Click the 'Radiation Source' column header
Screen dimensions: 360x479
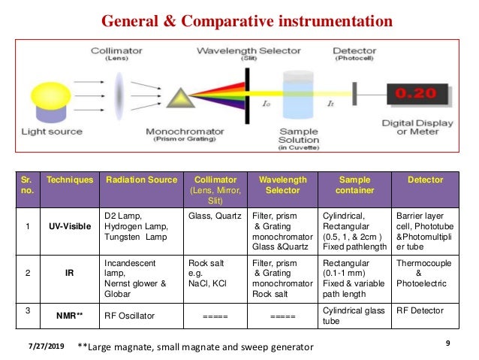(x=141, y=180)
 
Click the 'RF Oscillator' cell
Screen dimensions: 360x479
(x=130, y=316)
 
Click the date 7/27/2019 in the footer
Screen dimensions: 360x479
(x=43, y=345)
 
